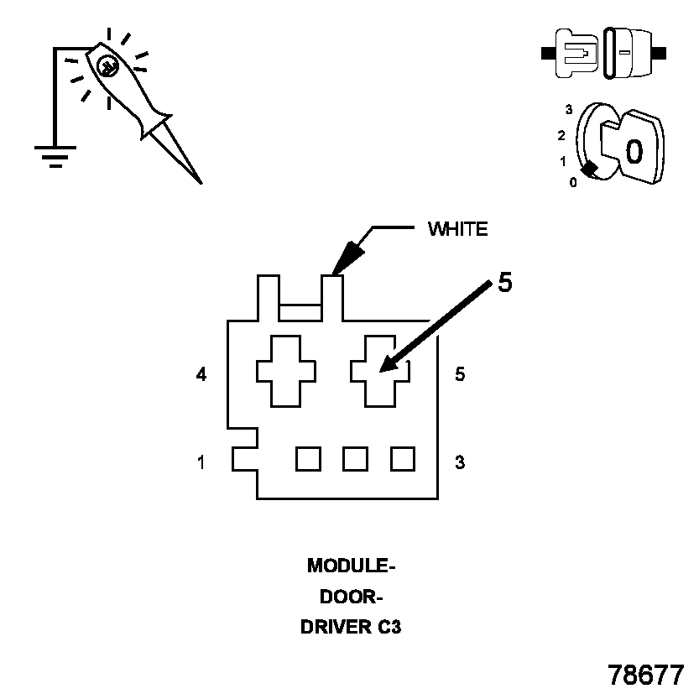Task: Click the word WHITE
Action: (x=458, y=229)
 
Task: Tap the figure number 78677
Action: (x=645, y=675)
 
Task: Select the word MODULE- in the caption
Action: (x=352, y=566)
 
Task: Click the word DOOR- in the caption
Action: (x=352, y=597)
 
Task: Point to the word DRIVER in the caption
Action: (x=336, y=627)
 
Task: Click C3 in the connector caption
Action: (x=389, y=627)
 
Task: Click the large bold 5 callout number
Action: (x=505, y=282)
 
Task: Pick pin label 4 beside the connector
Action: (x=201, y=374)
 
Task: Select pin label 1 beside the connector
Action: (x=201, y=462)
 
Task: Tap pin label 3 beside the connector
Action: (x=460, y=462)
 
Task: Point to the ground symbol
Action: (x=55, y=157)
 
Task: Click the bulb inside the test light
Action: (x=108, y=67)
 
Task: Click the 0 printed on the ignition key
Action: (x=634, y=151)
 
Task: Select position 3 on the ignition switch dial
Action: (x=569, y=109)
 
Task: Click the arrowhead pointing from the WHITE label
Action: (x=348, y=258)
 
